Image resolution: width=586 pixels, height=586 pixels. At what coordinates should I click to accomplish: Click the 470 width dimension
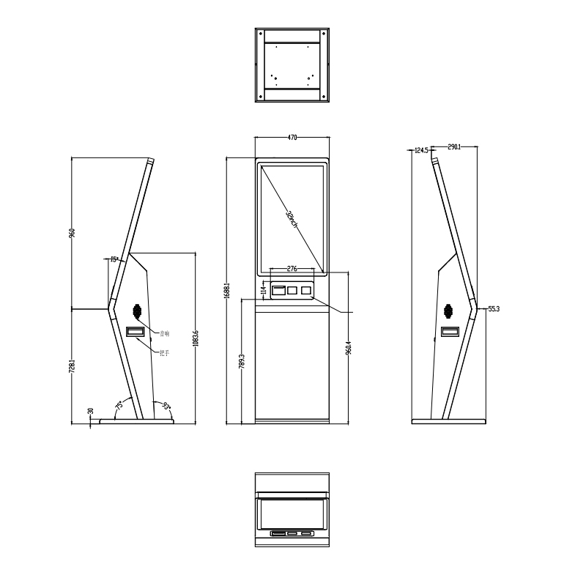[292, 137]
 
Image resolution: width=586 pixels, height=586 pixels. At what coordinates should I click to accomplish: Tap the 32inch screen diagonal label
[292, 219]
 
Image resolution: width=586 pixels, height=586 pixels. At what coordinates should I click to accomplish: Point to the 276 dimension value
[292, 269]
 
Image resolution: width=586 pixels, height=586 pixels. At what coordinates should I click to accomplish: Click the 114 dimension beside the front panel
[264, 291]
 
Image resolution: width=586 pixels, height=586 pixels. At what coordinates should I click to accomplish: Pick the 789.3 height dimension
[242, 362]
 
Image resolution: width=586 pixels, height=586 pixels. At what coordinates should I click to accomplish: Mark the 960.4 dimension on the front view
[349, 346]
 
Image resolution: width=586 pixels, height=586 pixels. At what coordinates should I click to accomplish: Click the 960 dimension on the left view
[72, 233]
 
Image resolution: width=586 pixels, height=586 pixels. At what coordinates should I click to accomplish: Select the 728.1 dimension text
[72, 366]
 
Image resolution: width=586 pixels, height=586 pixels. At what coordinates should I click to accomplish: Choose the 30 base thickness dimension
[90, 412]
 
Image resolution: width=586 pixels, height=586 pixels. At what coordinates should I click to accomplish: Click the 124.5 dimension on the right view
[420, 150]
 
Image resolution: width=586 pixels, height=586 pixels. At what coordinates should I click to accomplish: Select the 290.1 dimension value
[453, 147]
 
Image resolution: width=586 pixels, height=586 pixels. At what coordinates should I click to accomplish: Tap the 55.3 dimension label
[493, 309]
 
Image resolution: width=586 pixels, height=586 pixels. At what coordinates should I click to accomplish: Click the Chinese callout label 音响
[164, 333]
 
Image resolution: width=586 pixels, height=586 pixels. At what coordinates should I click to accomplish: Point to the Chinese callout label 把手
[164, 353]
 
